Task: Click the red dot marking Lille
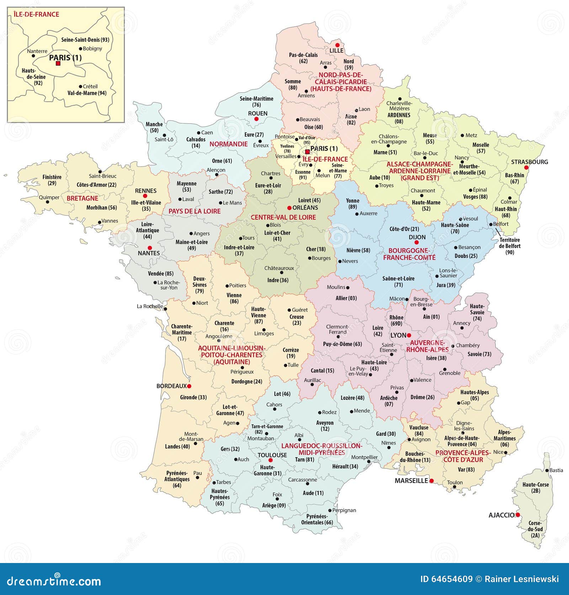coord(337,45)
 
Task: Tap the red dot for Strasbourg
coord(526,167)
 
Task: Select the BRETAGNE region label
coord(82,198)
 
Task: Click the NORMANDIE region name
coord(228,144)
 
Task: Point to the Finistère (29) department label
coord(52,180)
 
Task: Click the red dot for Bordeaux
coord(189,386)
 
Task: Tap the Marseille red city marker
coord(431,481)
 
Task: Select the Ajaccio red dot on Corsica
coord(518,515)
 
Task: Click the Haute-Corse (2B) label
coord(535,488)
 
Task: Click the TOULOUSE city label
coord(272,455)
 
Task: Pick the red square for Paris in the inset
coord(58,64)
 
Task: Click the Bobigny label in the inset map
coord(92,49)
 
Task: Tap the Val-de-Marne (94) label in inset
coord(87,93)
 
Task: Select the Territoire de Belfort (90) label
coord(509,246)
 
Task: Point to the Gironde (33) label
coord(193,397)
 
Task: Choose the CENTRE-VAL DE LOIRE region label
coord(283,217)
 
